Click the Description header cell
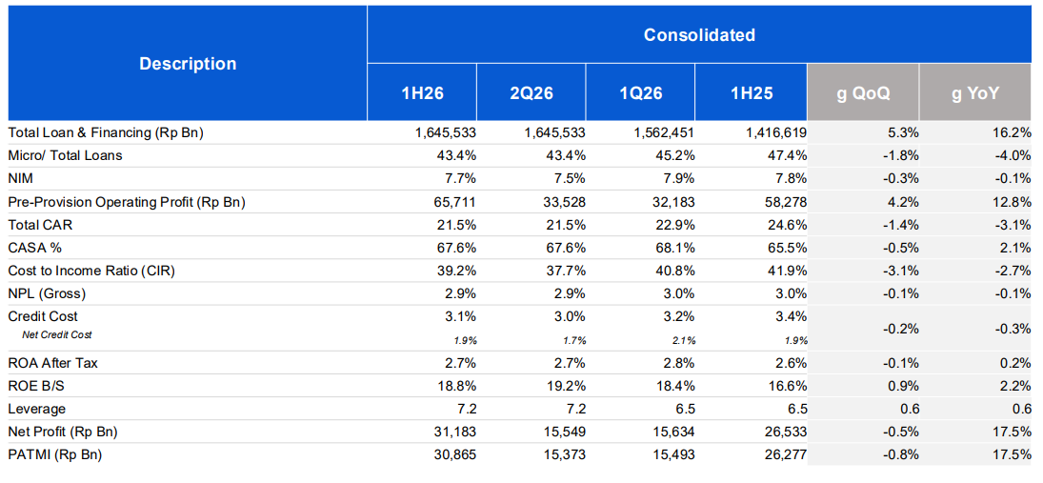pos(188,64)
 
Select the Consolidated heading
pos(699,34)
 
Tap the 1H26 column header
pos(422,93)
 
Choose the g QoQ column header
pos(863,93)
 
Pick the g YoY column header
pos(975,93)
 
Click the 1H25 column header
pos(751,93)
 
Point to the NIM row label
pos(20,178)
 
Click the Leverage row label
pos(36,409)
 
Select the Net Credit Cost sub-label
pos(56,334)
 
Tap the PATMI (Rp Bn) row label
pos(55,454)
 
